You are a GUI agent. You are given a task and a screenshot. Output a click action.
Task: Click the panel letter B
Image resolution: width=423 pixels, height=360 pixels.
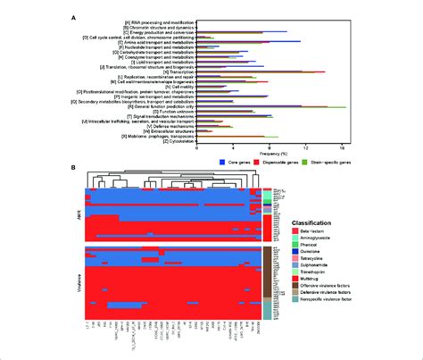click(73, 166)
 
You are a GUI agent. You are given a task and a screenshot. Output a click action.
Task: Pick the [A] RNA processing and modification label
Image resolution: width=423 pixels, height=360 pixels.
click(145, 18)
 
